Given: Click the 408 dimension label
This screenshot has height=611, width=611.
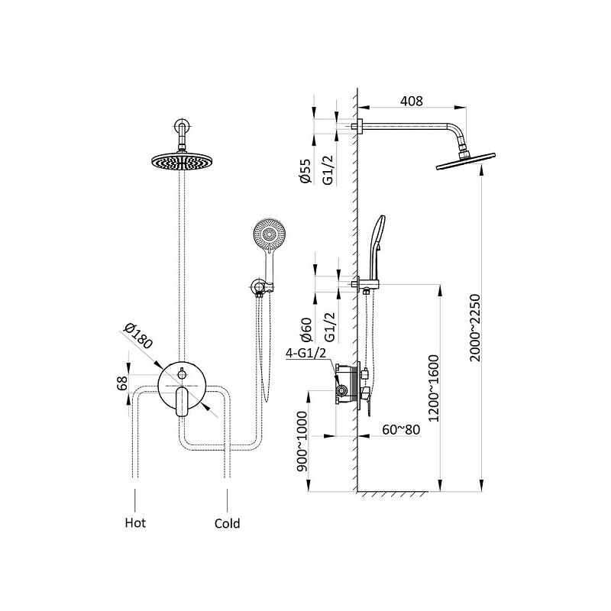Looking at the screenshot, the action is tap(412, 101).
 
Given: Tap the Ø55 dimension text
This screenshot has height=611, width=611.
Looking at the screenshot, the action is tap(305, 170).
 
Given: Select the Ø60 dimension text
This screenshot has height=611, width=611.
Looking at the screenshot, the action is tap(306, 330).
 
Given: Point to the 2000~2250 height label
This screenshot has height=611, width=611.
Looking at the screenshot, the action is tap(475, 328).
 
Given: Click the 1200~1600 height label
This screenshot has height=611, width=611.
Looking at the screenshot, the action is tap(433, 388).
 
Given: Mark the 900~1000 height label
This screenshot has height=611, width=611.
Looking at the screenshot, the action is tap(302, 441).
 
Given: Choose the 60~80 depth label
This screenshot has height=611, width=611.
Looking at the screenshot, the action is tap(401, 429).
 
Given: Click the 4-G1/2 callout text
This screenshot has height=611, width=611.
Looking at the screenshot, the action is tap(306, 353).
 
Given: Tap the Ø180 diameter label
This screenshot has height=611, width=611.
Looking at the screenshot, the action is tap(137, 336).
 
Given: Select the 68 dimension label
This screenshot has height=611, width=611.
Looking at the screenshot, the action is tap(122, 383).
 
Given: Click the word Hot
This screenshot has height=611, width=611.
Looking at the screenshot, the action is tap(135, 522).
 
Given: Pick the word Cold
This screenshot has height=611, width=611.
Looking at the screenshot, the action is tap(227, 523).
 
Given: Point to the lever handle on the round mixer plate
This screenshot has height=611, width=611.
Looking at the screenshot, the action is tap(182, 402).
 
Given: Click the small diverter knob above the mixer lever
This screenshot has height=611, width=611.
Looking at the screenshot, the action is tap(182, 374).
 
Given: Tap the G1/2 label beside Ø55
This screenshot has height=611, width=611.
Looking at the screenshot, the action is tap(329, 170).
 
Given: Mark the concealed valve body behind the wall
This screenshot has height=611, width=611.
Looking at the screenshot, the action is tap(347, 383).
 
